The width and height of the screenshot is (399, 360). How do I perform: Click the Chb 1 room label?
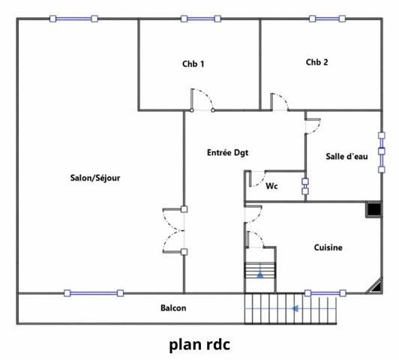click(x=193, y=64)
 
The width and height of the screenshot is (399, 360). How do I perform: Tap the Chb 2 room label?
click(x=316, y=62)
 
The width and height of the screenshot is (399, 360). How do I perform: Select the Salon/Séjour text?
click(x=95, y=178)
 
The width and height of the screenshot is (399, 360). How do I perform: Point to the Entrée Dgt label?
click(x=227, y=152)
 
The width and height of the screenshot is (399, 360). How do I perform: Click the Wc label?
click(x=272, y=187)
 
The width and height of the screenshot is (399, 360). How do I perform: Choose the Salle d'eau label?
click(x=346, y=157)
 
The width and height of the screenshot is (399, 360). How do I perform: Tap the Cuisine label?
click(x=328, y=247)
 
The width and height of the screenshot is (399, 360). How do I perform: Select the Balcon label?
click(x=173, y=308)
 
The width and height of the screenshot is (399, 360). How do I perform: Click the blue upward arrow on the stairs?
click(x=260, y=274)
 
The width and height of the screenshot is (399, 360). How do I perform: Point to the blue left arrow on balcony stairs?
click(x=296, y=308)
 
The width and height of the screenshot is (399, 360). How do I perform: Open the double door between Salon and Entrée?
click(x=174, y=230)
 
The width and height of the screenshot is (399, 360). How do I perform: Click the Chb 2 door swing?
click(x=279, y=102)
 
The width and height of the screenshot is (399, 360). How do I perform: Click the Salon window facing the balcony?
click(x=93, y=292)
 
